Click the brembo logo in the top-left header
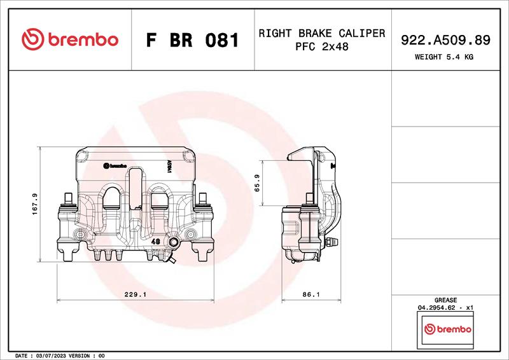coord(70,39)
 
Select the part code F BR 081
coord(193,40)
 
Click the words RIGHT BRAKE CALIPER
coord(322,33)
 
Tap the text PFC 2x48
coord(322,46)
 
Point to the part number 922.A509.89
coord(445,40)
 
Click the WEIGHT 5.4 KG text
coord(443,57)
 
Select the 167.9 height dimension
coord(35,204)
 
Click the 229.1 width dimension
coord(136,294)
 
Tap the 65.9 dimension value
coord(257,183)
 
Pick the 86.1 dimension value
coord(311,294)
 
